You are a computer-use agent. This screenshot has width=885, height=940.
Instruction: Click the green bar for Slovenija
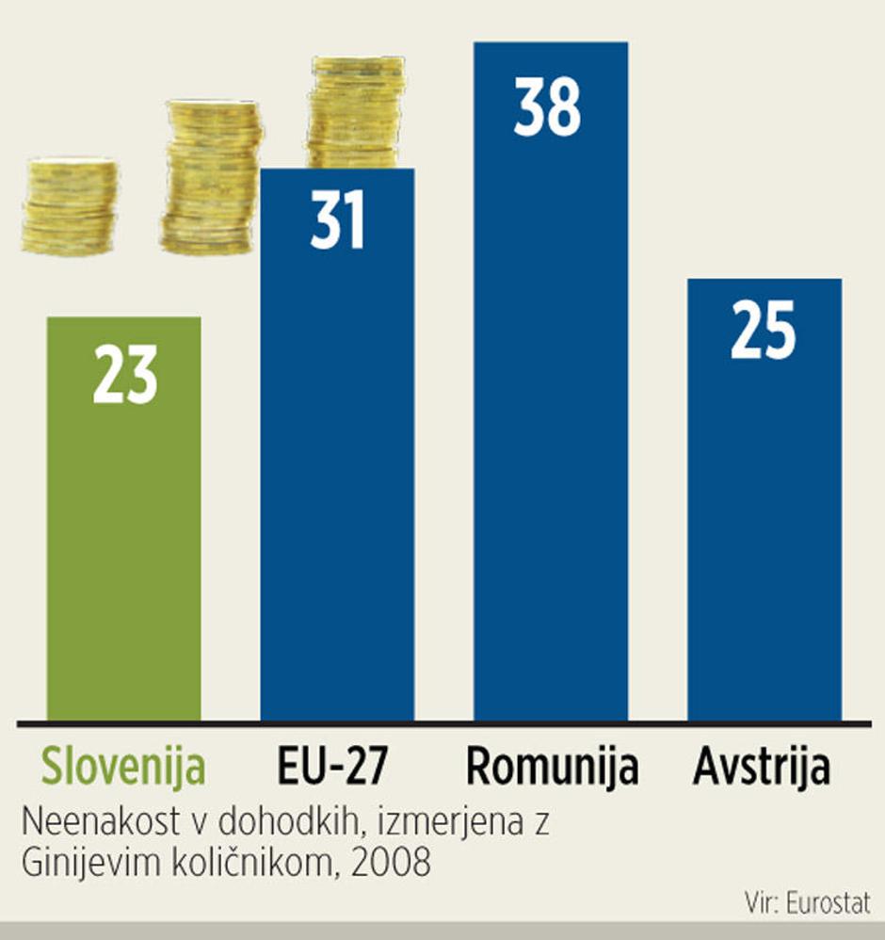123,546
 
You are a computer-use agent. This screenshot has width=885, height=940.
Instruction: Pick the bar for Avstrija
764,527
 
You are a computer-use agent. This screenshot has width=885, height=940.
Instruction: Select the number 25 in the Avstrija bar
763,332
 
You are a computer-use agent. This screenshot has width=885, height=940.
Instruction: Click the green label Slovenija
123,768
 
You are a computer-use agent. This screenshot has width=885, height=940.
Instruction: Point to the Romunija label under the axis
552,768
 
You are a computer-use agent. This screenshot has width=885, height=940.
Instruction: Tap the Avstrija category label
763,768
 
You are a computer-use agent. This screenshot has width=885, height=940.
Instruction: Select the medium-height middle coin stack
212,176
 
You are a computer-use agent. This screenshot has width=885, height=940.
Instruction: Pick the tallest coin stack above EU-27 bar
357,111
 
